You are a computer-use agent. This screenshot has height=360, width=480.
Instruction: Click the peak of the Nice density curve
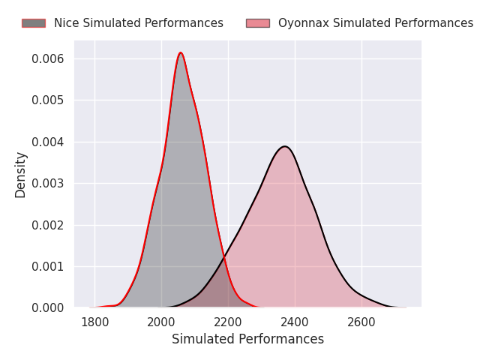[x=181, y=52]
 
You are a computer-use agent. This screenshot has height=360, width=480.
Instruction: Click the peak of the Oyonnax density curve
[x=285, y=146]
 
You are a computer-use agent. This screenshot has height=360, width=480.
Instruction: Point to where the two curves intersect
[x=224, y=258]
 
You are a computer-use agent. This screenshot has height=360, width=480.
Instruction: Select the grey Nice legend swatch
[x=34, y=23]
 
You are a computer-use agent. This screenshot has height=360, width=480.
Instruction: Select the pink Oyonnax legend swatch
[x=258, y=23]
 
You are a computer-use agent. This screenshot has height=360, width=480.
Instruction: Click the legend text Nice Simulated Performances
[x=139, y=23]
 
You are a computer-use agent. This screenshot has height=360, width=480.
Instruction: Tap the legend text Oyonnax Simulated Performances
[x=376, y=23]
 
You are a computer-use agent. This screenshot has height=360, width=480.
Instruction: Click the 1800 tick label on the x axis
[x=95, y=322]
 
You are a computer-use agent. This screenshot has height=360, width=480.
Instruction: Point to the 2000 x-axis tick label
[x=161, y=322]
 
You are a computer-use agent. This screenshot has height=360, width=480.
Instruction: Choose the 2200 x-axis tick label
[x=228, y=322]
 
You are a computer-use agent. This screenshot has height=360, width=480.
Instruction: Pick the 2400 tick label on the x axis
[x=295, y=322]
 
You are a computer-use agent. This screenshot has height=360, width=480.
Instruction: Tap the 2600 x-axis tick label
[x=361, y=322]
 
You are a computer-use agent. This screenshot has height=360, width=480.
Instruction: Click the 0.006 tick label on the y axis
[x=48, y=58]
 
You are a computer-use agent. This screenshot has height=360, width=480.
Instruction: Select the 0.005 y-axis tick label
[x=48, y=100]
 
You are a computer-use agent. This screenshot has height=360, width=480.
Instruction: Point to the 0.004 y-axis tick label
[x=48, y=142]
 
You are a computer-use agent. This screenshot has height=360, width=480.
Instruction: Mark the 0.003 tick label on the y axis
[x=48, y=183]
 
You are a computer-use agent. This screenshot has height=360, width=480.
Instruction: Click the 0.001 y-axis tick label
[x=48, y=267]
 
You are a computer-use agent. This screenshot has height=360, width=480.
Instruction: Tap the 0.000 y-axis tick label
[x=48, y=308]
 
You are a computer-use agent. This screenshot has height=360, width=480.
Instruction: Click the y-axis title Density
[x=20, y=175]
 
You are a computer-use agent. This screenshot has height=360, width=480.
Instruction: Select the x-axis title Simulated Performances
[x=247, y=339]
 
